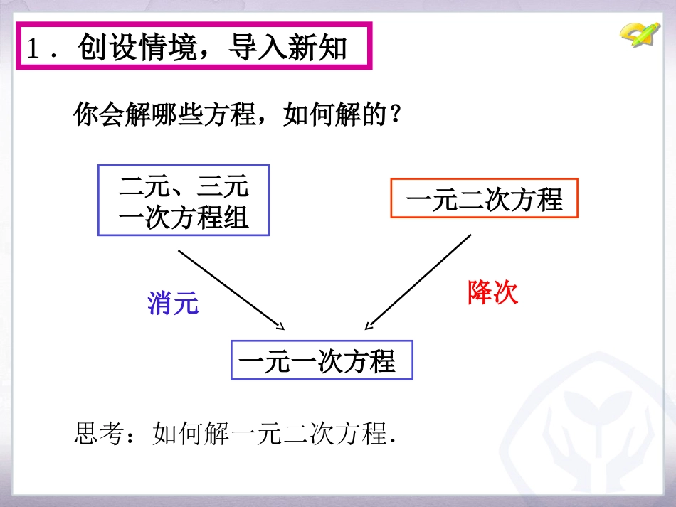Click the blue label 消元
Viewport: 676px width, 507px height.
[x=173, y=304]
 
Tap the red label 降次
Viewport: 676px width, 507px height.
[x=493, y=292]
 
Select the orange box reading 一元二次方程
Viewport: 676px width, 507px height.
[x=484, y=199]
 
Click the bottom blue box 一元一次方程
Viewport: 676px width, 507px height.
[x=322, y=361]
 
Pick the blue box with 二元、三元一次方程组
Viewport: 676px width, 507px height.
[x=184, y=201]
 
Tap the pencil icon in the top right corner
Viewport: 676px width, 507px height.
[x=640, y=33]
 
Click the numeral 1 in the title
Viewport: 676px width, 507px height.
[x=33, y=48]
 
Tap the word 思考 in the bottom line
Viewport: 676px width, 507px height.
[x=99, y=433]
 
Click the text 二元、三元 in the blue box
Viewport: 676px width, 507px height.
[x=184, y=186]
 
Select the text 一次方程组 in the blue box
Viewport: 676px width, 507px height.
[x=184, y=216]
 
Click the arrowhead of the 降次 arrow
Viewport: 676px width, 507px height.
[x=366, y=328]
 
